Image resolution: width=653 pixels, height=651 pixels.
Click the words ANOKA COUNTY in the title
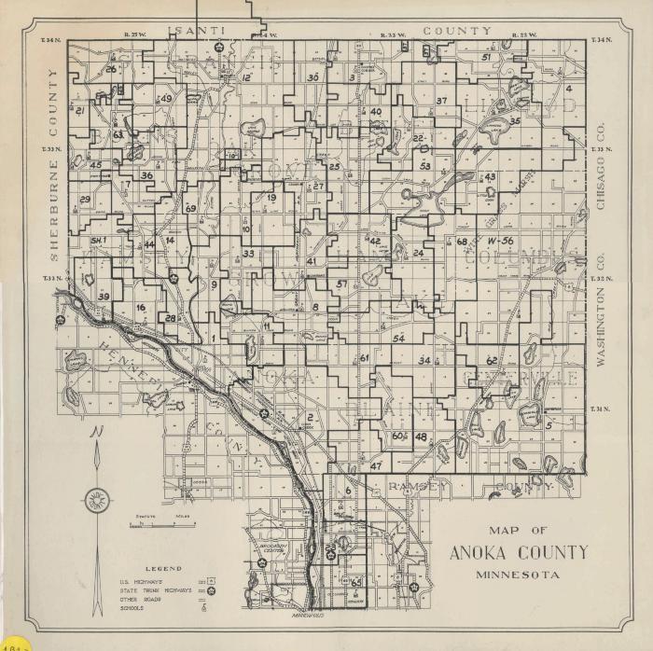519,552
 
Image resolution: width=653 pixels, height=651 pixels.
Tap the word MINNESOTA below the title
518,575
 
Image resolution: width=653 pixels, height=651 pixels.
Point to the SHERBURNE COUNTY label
53,164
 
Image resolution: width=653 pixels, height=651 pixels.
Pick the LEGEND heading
163,568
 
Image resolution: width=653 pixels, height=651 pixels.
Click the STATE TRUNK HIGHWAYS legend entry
155,590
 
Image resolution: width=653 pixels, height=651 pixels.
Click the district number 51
486,57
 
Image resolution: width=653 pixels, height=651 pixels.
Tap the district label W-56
500,241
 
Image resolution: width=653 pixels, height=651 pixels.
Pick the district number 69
190,208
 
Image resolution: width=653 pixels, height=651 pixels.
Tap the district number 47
376,465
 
